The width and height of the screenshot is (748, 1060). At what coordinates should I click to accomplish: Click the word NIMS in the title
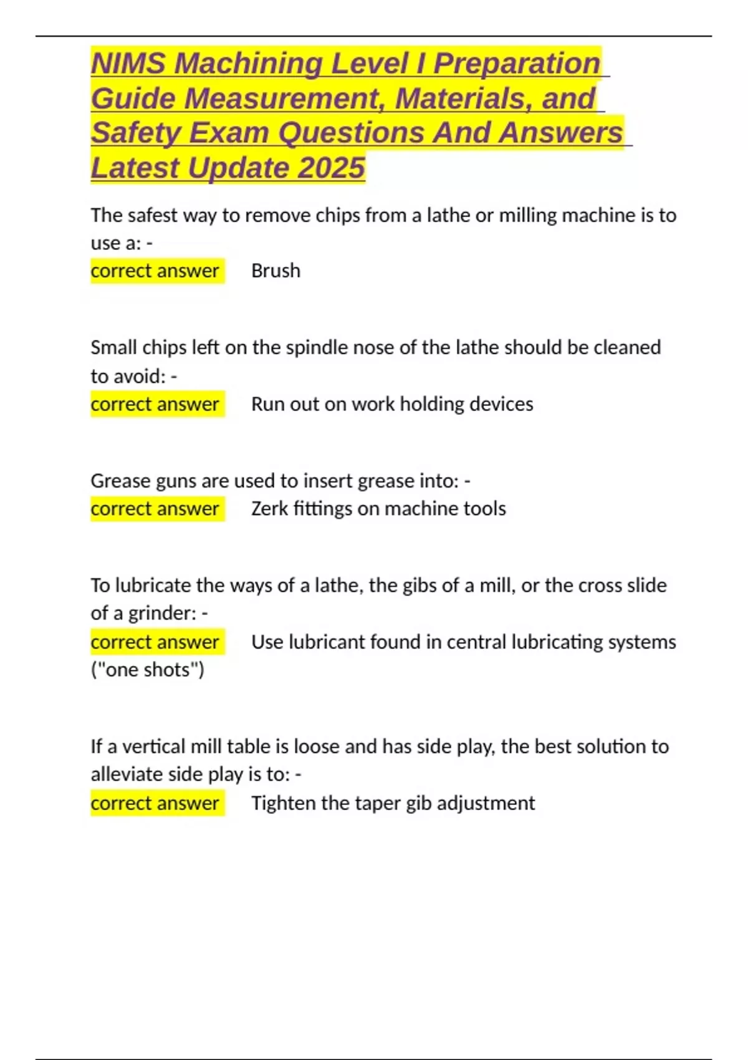pos(128,64)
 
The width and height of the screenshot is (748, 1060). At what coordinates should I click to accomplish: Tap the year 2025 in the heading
pos(331,168)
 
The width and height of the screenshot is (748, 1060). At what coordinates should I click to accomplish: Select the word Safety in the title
pos(135,133)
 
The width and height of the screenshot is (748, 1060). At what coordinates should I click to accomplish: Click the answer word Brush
pos(276,271)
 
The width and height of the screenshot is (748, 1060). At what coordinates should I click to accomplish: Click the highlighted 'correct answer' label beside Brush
pos(155,271)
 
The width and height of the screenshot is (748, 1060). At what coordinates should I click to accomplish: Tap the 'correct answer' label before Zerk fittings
pos(155,509)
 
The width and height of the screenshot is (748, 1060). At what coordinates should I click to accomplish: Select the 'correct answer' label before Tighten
pos(155,803)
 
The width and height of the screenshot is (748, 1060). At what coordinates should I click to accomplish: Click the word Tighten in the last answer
pos(283,803)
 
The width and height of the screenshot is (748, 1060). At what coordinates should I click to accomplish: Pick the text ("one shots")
pos(148,670)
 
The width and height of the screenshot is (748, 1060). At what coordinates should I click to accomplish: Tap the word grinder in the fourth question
pos(162,614)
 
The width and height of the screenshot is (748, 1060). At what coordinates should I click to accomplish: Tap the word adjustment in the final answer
pos(486,803)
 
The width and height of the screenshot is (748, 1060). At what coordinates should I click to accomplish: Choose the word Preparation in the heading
pos(517,64)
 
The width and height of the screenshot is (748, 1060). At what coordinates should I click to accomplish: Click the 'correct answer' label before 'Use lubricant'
pos(155,642)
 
